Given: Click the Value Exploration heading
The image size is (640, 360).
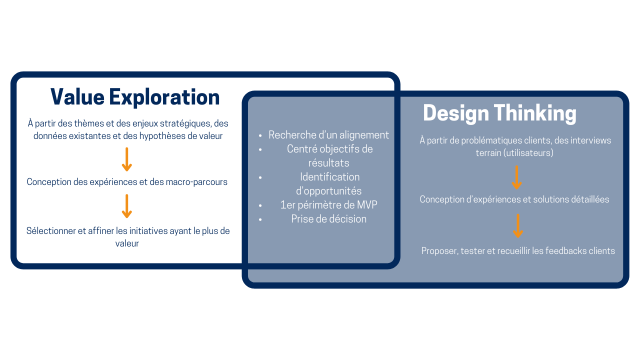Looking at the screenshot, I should (x=135, y=97).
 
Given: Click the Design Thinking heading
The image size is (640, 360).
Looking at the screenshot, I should (x=499, y=113).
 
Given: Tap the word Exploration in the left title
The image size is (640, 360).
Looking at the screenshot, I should (x=164, y=97).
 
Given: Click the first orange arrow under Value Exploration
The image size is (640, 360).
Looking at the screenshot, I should (x=127, y=159).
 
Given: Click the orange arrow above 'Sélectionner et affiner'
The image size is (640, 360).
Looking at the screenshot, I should (x=127, y=206).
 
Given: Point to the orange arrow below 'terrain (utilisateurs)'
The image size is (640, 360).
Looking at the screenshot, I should (x=517, y=177).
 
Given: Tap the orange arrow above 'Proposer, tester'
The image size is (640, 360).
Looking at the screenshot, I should (x=518, y=225).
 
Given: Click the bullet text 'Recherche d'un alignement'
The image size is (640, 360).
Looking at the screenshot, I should (x=328, y=135).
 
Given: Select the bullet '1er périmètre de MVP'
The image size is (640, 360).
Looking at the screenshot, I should (x=328, y=205).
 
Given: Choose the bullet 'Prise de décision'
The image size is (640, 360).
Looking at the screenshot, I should (x=328, y=219).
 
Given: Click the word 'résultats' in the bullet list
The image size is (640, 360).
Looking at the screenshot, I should (x=328, y=163).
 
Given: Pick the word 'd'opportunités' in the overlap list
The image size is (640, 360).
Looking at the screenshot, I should (x=328, y=191).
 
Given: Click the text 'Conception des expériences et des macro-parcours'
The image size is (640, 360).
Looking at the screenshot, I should (x=127, y=182).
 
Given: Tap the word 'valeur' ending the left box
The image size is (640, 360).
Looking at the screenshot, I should (x=127, y=243).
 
